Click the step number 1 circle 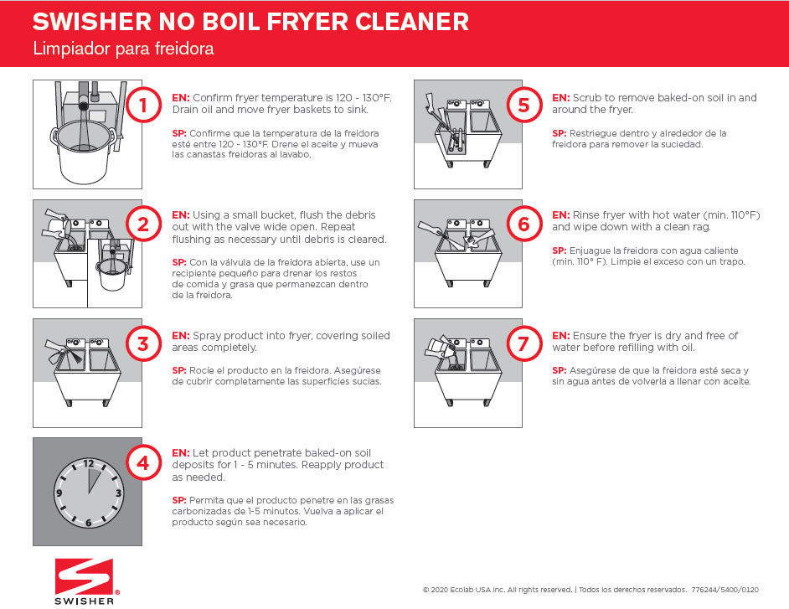tap(143, 106)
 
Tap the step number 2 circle tap(143, 224)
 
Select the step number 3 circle tap(143, 343)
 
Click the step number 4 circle tap(143, 462)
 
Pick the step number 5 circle tap(523, 106)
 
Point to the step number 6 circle tap(523, 224)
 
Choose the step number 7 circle tap(523, 343)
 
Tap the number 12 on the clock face tap(88, 463)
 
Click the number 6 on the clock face tap(88, 523)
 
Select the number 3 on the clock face tap(118, 493)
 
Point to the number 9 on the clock tap(59, 493)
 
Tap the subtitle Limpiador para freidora tap(123, 49)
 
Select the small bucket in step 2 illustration tap(112, 275)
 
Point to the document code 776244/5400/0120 tap(725, 589)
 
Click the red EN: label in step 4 tap(180, 453)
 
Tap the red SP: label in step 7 tap(559, 370)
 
